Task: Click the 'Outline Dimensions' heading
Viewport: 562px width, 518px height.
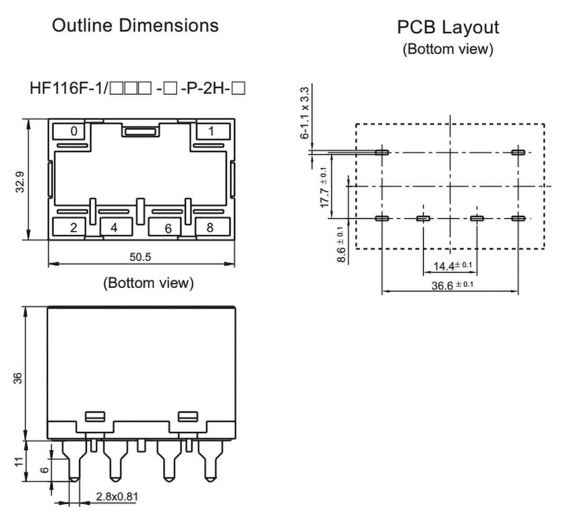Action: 135,25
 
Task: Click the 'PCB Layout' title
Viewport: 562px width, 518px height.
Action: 448,27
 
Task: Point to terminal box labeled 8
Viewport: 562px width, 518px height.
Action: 210,227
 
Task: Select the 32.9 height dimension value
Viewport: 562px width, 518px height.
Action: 20,182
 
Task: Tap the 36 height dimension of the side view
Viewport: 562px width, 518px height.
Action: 18,378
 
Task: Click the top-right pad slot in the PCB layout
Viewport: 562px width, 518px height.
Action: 518,152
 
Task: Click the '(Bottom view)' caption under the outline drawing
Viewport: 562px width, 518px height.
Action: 148,283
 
